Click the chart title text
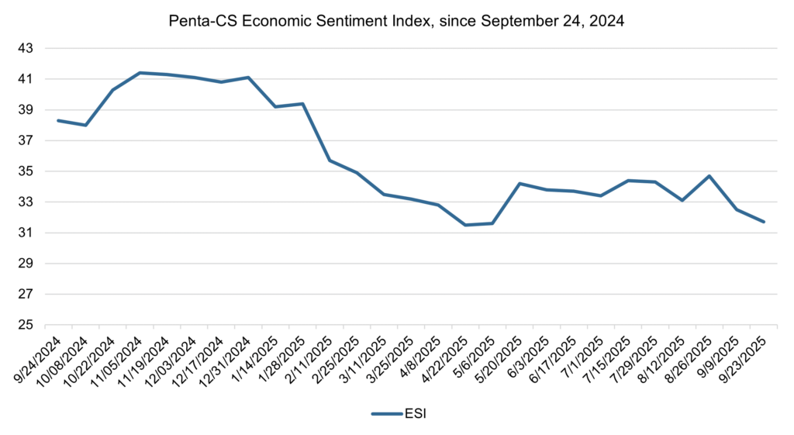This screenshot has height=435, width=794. (396, 22)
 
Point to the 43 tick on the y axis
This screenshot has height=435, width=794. (26, 48)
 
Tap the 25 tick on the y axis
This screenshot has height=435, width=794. (26, 325)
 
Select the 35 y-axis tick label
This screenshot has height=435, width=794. (26, 171)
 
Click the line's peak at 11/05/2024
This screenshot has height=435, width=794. (140, 73)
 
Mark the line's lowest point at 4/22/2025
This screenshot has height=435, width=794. (465, 225)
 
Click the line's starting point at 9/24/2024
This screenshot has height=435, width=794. (58, 120)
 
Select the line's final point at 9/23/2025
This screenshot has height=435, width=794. (764, 222)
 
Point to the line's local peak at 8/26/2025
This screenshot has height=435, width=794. (709, 176)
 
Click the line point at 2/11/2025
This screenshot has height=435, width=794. (330, 161)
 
